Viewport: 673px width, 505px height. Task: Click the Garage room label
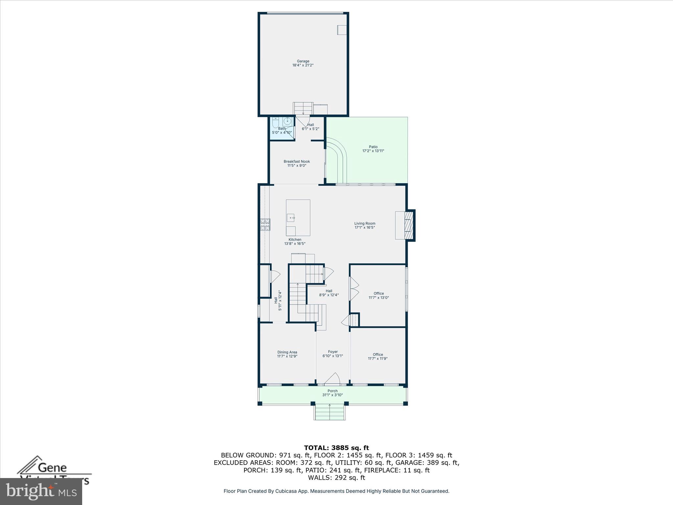click(303, 61)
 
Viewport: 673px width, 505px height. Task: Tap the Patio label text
click(373, 147)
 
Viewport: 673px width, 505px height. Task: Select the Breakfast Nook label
click(297, 161)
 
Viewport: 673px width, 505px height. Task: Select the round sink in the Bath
click(288, 122)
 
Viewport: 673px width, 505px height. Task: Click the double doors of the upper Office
click(354, 289)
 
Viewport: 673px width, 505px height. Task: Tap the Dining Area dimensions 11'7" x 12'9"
click(287, 356)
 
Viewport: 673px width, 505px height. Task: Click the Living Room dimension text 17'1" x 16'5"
click(365, 228)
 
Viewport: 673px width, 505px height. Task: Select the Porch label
click(333, 391)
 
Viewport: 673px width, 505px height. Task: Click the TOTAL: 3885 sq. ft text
click(336, 448)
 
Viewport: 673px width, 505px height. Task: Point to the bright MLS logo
click(41, 491)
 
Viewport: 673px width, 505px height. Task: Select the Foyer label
click(333, 352)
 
